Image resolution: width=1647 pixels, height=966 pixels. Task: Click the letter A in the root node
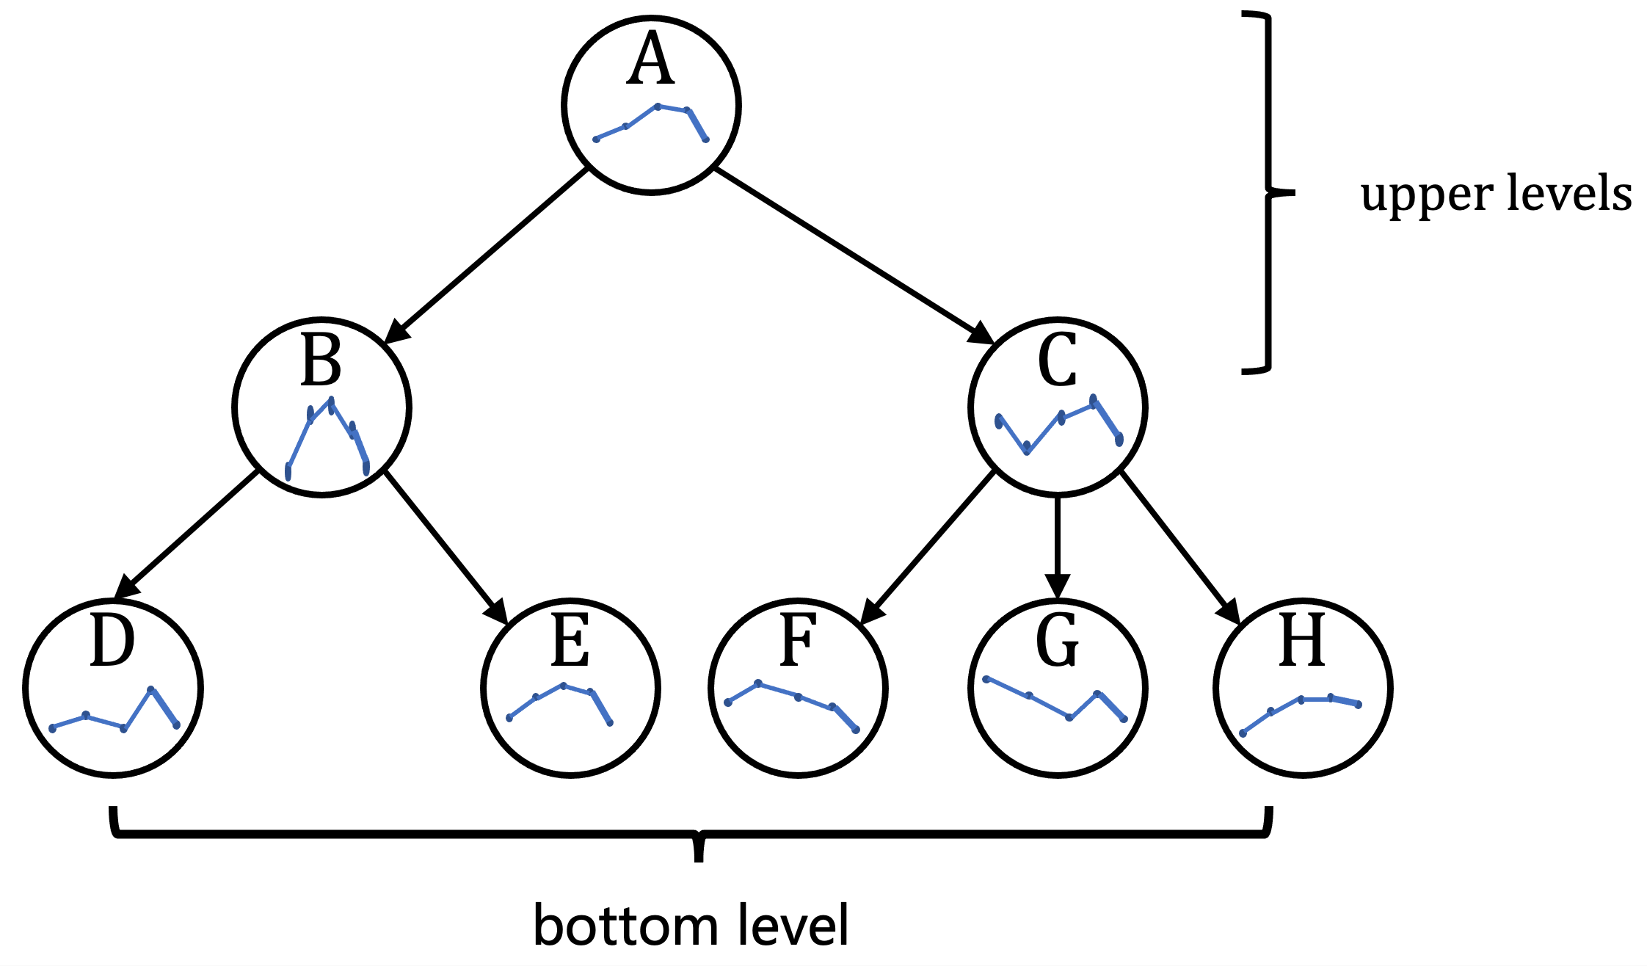[650, 61]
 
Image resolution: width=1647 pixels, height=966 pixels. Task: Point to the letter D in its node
[112, 642]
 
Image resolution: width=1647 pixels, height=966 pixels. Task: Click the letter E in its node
[570, 641]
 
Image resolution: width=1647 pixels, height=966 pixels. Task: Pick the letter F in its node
[797, 641]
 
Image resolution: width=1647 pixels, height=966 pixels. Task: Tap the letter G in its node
[1057, 641]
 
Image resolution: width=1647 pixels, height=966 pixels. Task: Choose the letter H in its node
[1302, 641]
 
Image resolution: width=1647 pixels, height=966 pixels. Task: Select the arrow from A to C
[854, 255]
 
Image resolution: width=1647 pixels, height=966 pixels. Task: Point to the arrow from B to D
[187, 535]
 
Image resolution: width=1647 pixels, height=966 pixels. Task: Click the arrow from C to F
[928, 548]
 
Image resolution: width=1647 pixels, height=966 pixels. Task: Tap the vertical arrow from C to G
[1057, 547]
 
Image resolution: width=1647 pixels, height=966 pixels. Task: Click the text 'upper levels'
[1495, 195]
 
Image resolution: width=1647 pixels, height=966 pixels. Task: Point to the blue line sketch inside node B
[327, 437]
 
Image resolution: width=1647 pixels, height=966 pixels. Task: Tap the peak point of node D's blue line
[150, 689]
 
